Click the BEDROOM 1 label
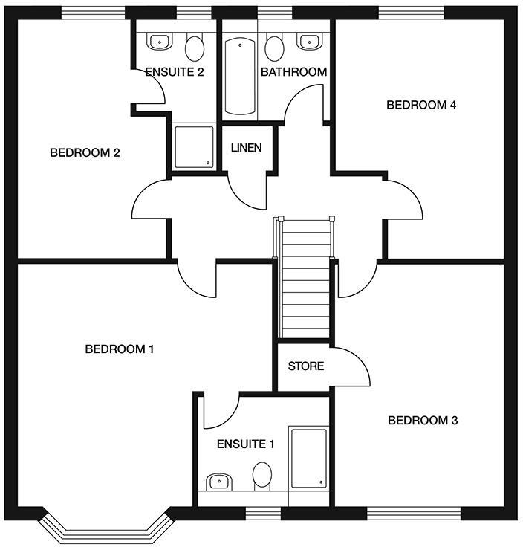point(119,349)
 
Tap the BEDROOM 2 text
point(85,153)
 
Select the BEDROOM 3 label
point(423,421)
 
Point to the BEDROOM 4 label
point(421,105)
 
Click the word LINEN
point(246,148)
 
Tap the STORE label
point(305,366)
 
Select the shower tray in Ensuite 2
point(193,147)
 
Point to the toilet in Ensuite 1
point(262,475)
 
